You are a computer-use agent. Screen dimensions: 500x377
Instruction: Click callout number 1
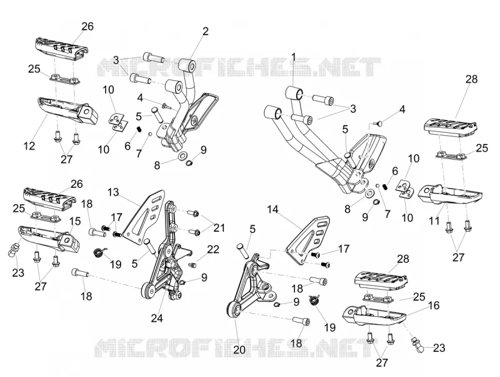[x=293, y=57]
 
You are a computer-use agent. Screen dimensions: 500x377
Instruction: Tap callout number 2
[x=206, y=31]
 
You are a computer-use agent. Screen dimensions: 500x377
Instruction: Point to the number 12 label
[x=29, y=146]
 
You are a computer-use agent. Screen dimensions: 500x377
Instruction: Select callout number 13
[x=113, y=192]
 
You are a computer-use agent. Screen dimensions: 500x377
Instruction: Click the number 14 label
[x=272, y=210]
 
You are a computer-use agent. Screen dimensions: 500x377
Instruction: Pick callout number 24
[x=157, y=318]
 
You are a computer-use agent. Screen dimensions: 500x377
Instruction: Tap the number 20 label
[x=239, y=350]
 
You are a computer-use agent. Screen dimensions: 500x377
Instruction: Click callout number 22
[x=213, y=249]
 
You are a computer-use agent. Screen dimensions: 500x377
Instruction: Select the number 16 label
[x=434, y=306]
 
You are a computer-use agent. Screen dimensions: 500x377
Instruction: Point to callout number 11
[x=434, y=221]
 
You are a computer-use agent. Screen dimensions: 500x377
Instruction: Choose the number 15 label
[x=75, y=221]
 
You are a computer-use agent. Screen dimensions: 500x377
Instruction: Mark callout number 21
[x=219, y=228]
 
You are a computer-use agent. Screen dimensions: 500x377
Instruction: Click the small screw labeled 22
[x=193, y=265]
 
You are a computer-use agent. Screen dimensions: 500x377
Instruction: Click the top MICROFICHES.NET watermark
[x=239, y=67]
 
